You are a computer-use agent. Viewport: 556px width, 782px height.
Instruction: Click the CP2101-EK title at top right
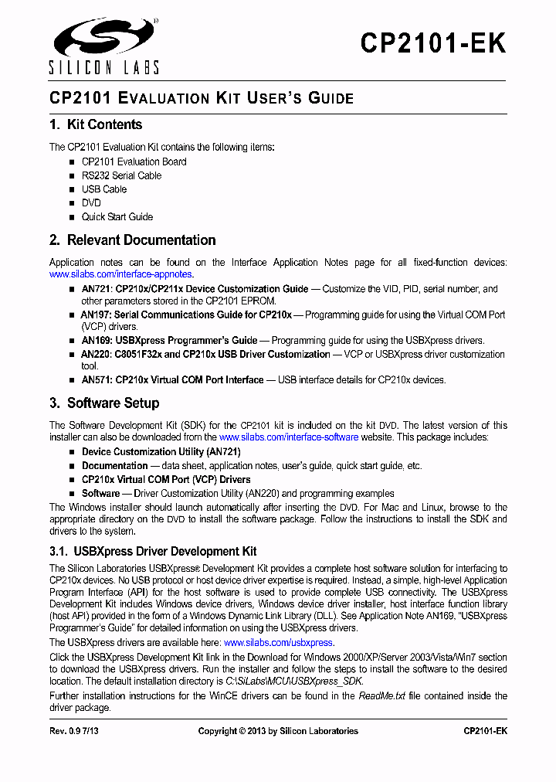pos(432,43)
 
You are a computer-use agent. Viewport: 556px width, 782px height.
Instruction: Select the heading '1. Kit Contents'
pos(96,124)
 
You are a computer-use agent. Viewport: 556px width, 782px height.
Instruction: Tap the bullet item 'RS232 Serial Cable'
pos(121,175)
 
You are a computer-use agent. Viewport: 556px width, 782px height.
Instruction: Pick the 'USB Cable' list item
pos(104,189)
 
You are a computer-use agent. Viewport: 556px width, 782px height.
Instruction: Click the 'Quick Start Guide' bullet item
pos(117,217)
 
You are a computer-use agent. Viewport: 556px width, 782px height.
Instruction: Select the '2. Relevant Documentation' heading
pos(132,240)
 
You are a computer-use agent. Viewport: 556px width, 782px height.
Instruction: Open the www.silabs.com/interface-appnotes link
pos(120,274)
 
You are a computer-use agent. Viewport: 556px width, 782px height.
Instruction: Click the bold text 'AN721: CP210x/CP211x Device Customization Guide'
pos(195,289)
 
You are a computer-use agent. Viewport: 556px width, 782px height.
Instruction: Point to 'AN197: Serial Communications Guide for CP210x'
pos(186,314)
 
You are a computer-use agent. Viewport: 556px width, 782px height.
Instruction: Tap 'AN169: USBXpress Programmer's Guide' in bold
pos(169,340)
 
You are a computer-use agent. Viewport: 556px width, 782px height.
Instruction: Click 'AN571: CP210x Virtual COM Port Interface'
pos(172,379)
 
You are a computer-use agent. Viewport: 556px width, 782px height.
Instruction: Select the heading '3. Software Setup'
pos(104,403)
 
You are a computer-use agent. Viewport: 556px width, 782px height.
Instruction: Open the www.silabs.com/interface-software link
pos(289,437)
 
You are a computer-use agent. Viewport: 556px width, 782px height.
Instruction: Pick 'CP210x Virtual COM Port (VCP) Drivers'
pos(166,480)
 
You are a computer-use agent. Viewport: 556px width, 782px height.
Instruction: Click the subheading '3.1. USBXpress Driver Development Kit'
pos(153,552)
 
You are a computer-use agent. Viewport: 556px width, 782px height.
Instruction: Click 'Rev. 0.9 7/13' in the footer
pos(75,731)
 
